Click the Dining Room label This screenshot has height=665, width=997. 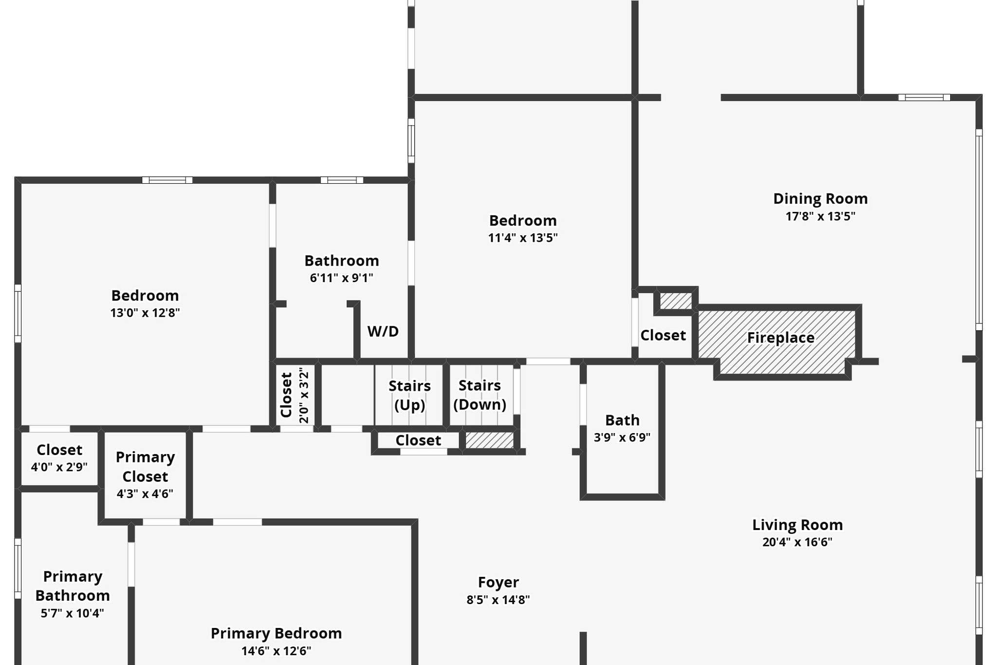coord(820,199)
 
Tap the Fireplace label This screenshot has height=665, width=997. coord(780,338)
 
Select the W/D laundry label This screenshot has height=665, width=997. coord(383,331)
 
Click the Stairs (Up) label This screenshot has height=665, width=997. coord(409,395)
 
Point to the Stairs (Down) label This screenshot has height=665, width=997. coord(480,395)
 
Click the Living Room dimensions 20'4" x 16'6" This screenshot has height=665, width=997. coord(797,542)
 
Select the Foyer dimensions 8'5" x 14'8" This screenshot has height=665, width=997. coord(498,600)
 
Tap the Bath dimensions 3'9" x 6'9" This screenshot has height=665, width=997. coord(622,437)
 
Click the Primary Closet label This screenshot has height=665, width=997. coord(145,467)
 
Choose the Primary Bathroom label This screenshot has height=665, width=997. coord(73,586)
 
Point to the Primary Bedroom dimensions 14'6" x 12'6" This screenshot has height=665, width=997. coord(276,651)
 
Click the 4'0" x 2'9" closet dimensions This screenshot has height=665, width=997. coord(59,467)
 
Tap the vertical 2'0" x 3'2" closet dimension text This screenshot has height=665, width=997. coord(304,395)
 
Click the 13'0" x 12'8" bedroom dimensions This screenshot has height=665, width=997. coord(145,313)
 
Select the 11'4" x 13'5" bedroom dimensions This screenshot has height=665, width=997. coord(523,238)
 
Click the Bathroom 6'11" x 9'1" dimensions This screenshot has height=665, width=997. coord(341,278)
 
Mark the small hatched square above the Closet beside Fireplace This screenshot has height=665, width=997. coord(676,301)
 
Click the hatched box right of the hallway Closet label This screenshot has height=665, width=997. coord(489,440)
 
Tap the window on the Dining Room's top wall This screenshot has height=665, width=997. coord(924,97)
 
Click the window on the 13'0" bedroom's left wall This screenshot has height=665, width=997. coord(18,313)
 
